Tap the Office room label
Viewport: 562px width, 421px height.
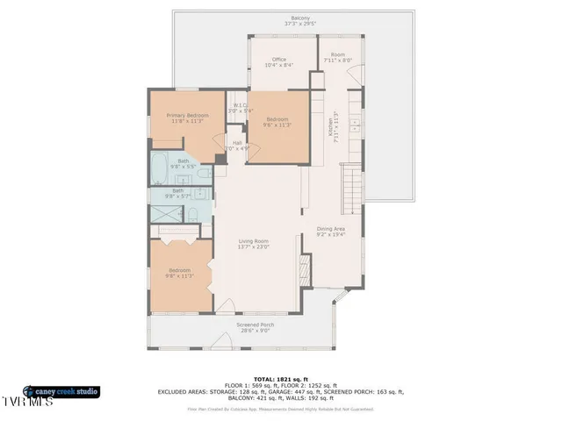point(279,60)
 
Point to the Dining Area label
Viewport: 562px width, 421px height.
point(331,229)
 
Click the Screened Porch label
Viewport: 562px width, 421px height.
point(256,325)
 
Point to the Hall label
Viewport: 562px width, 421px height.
point(237,143)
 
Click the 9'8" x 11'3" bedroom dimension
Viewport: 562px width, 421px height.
point(179,275)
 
